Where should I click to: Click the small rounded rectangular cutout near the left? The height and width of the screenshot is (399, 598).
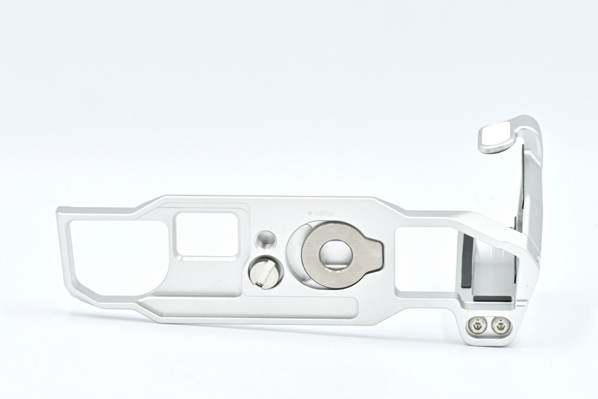pos(206,234)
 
